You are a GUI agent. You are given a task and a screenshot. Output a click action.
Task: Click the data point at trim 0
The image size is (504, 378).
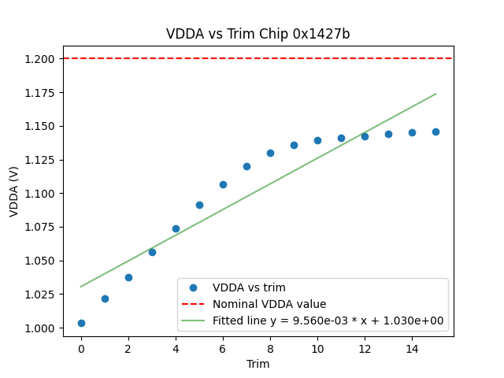(81, 323)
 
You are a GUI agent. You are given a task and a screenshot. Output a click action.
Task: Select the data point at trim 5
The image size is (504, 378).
(199, 205)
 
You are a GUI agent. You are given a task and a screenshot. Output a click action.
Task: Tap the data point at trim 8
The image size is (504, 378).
(270, 153)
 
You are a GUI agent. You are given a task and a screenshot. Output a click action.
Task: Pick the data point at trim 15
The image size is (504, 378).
(435, 132)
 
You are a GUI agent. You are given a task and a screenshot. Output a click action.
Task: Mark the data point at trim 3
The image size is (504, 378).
(152, 252)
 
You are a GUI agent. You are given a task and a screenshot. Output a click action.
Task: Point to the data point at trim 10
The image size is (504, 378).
(317, 140)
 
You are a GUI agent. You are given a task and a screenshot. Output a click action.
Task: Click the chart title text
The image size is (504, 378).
(258, 34)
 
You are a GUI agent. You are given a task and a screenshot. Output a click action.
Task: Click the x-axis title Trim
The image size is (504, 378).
(258, 364)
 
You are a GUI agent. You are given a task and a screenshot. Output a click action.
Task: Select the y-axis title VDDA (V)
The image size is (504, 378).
(14, 194)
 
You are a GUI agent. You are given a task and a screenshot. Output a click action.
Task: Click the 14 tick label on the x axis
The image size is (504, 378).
(412, 349)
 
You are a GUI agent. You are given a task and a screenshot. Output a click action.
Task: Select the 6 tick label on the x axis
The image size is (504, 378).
(223, 349)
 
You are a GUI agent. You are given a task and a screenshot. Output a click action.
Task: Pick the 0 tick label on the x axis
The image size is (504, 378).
(81, 349)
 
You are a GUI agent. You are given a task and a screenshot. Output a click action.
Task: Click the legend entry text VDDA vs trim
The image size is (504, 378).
(249, 287)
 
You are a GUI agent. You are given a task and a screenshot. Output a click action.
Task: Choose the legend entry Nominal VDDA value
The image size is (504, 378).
(269, 304)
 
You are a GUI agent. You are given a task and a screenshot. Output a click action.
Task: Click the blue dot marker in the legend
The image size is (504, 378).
(195, 287)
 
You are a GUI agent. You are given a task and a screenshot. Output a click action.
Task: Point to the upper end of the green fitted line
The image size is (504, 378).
(435, 94)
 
